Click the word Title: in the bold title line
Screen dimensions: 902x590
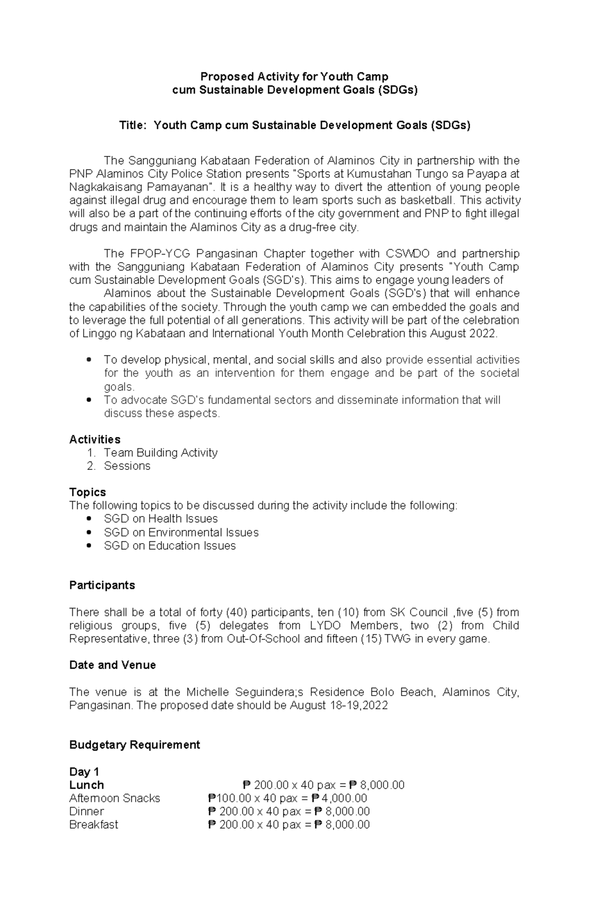(133, 125)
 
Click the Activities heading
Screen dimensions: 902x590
(95, 439)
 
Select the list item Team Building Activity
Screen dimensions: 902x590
(160, 453)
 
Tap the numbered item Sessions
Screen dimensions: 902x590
(127, 466)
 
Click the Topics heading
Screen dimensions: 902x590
(88, 493)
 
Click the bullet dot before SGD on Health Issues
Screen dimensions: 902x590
(89, 519)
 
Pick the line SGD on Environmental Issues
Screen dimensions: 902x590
(181, 532)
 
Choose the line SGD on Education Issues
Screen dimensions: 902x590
(170, 546)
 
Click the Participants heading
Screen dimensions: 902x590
(102, 585)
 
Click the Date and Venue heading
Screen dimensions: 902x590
(113, 665)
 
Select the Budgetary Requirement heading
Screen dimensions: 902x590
(135, 745)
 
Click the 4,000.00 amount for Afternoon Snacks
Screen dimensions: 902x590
(344, 798)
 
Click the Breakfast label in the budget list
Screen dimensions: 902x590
(93, 825)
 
